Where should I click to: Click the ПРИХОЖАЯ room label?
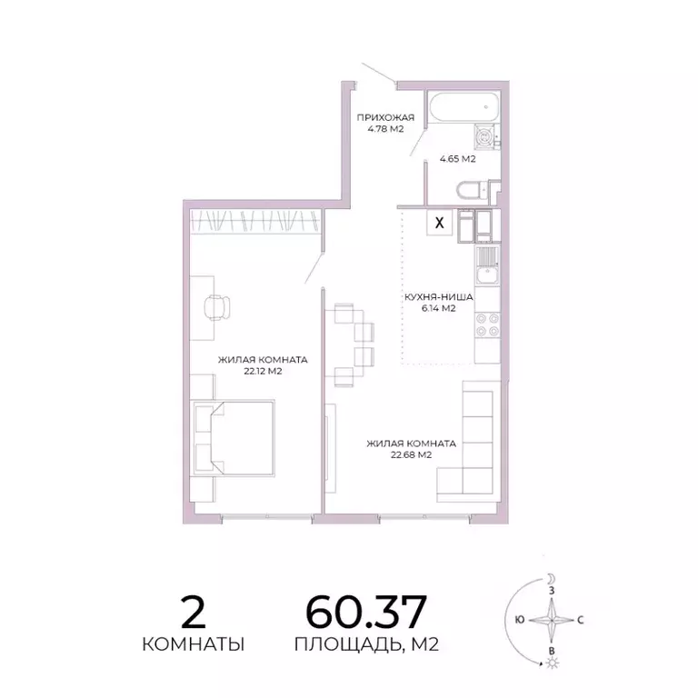pyautogui.click(x=385, y=117)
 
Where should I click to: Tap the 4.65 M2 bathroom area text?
pyautogui.click(x=458, y=159)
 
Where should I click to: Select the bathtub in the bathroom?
pyautogui.click(x=464, y=110)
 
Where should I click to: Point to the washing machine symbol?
pyautogui.click(x=485, y=139)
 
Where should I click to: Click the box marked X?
pyautogui.click(x=441, y=222)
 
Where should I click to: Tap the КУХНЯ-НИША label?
pyautogui.click(x=438, y=296)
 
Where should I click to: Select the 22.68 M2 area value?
pyautogui.click(x=411, y=455)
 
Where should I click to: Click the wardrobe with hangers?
pyautogui.click(x=255, y=220)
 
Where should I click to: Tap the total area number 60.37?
pyautogui.click(x=366, y=613)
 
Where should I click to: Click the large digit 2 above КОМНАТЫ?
pyautogui.click(x=193, y=613)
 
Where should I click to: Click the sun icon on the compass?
pyautogui.click(x=550, y=664)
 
